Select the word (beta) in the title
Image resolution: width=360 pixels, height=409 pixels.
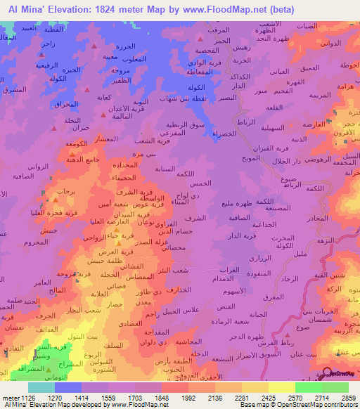click(279, 10)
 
